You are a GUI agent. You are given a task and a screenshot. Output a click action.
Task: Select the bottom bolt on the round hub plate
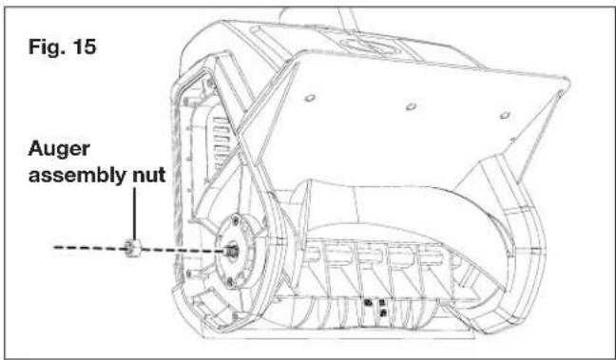(x=231, y=279)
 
